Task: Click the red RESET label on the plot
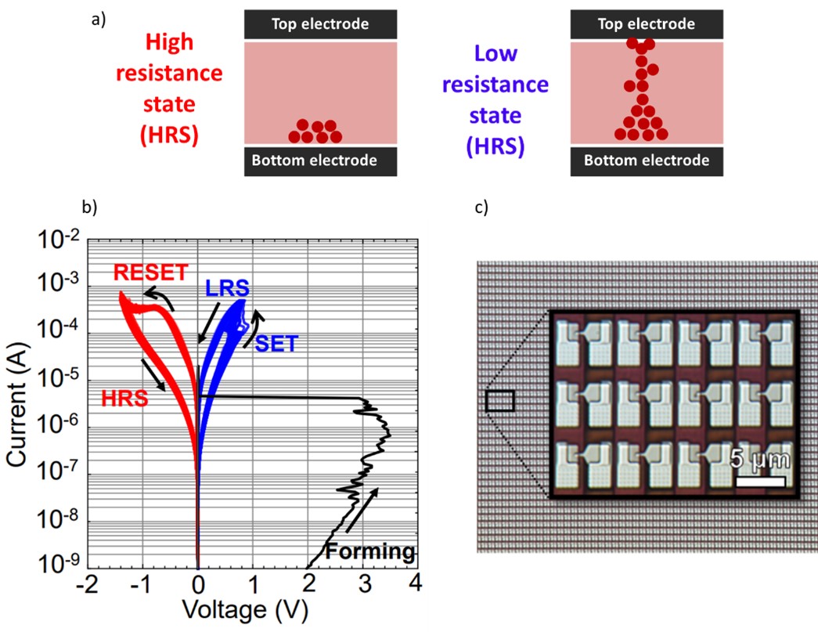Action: pyautogui.click(x=151, y=273)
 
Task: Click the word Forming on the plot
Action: pyautogui.click(x=369, y=551)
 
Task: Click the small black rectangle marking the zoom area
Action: pyautogui.click(x=499, y=401)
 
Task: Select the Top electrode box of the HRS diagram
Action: pyautogui.click(x=320, y=23)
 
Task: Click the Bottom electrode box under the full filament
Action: pyautogui.click(x=647, y=161)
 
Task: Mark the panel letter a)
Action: pyautogui.click(x=98, y=20)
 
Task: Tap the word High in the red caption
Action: pyautogui.click(x=170, y=43)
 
